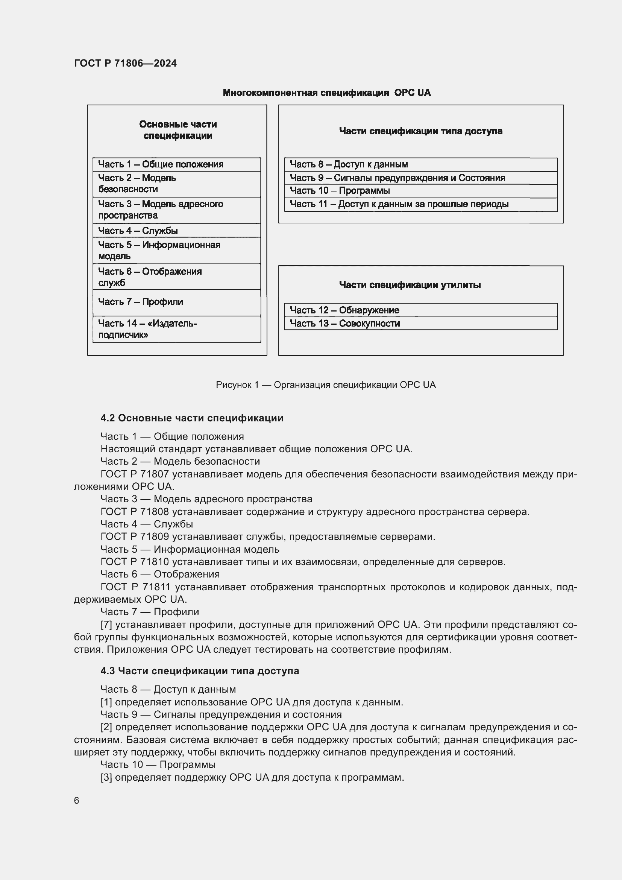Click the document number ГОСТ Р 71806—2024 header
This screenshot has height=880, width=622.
(x=125, y=63)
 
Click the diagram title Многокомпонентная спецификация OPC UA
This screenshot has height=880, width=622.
(x=326, y=93)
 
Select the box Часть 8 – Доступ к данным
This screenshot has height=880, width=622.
(x=420, y=164)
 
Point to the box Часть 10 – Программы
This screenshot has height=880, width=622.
(x=420, y=191)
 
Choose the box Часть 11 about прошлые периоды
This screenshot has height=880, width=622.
(x=420, y=204)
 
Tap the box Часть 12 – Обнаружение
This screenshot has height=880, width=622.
(x=420, y=310)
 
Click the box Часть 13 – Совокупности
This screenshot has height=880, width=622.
(x=420, y=324)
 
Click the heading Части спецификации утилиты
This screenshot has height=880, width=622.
(x=410, y=285)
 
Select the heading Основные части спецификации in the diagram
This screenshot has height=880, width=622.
(x=178, y=130)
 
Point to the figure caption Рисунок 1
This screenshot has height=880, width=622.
(x=326, y=385)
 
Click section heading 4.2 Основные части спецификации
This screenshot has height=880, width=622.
(x=192, y=418)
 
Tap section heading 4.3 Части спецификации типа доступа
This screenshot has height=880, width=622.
(x=200, y=671)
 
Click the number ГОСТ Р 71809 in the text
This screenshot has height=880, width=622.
(x=134, y=537)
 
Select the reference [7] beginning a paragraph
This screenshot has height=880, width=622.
(x=106, y=625)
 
